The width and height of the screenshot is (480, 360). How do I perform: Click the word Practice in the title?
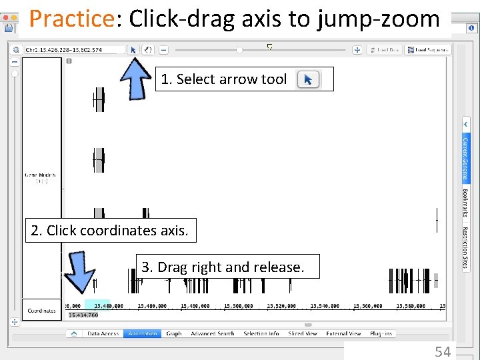(71, 19)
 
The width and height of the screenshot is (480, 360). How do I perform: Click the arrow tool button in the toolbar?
(133, 50)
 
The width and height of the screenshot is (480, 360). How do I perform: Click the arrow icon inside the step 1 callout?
(308, 80)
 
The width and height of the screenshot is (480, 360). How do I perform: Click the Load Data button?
(385, 50)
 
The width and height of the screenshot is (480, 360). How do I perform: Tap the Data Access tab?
(103, 333)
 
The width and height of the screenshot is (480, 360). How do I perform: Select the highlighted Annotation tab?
(142, 333)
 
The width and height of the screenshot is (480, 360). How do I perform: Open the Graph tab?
(174, 333)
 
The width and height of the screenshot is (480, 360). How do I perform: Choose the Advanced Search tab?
(213, 333)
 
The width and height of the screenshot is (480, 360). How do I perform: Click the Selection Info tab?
(261, 333)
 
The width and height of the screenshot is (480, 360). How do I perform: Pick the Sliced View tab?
(303, 333)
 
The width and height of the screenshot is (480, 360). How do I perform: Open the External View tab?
(343, 333)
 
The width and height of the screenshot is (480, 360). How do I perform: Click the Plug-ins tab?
(381, 333)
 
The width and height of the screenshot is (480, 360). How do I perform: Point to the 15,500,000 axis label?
(239, 306)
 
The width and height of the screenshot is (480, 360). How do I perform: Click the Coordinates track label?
(42, 311)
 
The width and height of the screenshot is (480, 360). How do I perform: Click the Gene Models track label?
(41, 176)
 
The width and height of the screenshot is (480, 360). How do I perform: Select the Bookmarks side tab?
(465, 203)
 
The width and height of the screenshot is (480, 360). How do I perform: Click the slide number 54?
(443, 351)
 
